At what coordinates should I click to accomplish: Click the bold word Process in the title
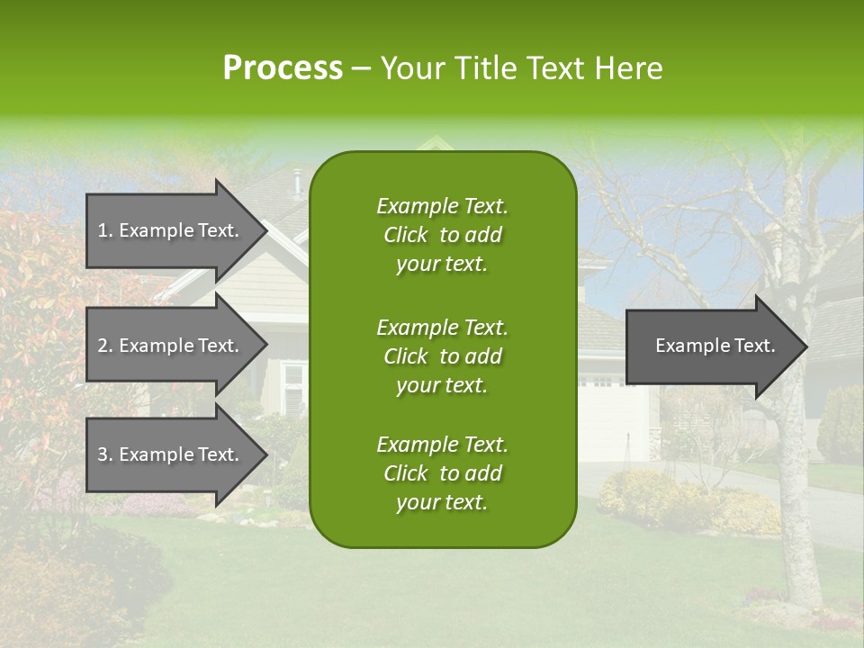click(x=283, y=68)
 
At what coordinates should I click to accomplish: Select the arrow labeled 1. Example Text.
click(x=168, y=230)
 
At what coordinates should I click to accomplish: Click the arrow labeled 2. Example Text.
click(x=168, y=346)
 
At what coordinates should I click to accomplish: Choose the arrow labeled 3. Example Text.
click(x=168, y=454)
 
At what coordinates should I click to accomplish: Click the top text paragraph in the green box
click(x=442, y=235)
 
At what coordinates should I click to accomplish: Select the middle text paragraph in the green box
click(x=442, y=356)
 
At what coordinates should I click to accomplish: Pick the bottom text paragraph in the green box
click(x=442, y=473)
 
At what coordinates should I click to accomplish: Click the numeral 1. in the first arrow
click(x=104, y=230)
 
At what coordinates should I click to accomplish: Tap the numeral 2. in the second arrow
click(x=104, y=346)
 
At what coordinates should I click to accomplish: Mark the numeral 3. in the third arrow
click(x=104, y=454)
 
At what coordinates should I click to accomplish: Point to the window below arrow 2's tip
click(x=292, y=387)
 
